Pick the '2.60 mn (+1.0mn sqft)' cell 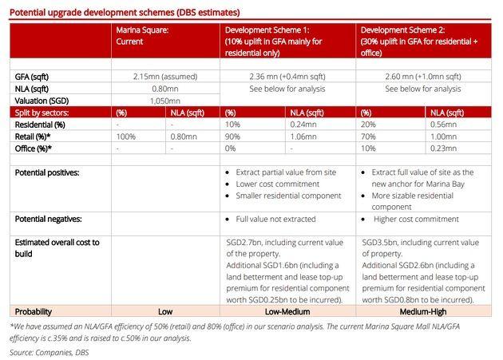[x=423, y=77]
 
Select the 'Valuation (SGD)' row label [x=42, y=101]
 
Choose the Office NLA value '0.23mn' [x=443, y=148]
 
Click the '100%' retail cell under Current [x=126, y=136]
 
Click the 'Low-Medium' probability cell [x=287, y=311]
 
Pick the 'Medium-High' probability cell [x=423, y=311]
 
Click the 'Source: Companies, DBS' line [x=50, y=351]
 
